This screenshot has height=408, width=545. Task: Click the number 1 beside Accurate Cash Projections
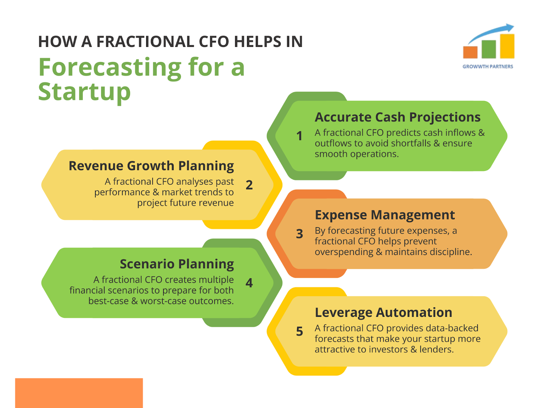[299, 136]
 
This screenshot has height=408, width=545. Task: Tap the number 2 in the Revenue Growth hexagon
[249, 185]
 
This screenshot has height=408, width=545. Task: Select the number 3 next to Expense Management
[299, 234]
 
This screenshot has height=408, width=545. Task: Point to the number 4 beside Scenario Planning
[249, 283]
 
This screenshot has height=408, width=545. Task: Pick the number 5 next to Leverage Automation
[299, 331]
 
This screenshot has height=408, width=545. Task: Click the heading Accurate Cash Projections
[398, 117]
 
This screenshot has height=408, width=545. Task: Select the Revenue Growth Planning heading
[151, 166]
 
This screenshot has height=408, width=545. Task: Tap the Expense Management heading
[385, 215]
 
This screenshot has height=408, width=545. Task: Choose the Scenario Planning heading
[177, 264]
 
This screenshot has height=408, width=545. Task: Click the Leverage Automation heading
[383, 312]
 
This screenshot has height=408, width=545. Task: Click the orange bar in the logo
[470, 52]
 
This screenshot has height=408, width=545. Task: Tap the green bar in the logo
[488, 49]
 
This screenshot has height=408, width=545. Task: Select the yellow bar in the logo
[507, 46]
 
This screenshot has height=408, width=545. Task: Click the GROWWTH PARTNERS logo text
[488, 67]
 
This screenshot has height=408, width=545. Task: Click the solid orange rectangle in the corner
[79, 393]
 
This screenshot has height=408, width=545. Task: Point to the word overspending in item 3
[344, 252]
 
